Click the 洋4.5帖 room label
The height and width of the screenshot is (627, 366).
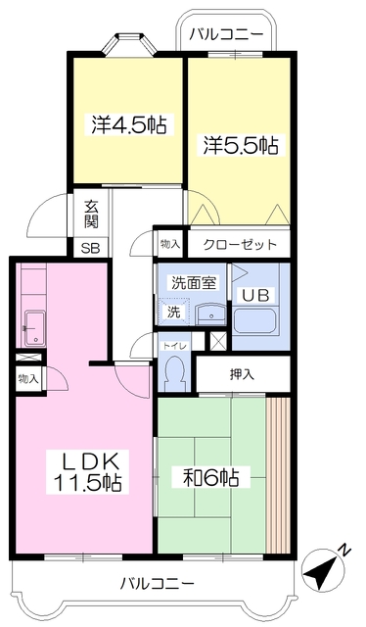pyautogui.click(x=128, y=124)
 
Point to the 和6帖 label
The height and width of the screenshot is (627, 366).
pyautogui.click(x=211, y=477)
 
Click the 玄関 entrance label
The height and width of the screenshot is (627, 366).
pyautogui.click(x=91, y=216)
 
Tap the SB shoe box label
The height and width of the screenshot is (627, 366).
pyautogui.click(x=90, y=248)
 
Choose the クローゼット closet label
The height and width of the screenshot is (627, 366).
pyautogui.click(x=240, y=244)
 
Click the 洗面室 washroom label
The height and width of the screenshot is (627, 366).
pyautogui.click(x=194, y=283)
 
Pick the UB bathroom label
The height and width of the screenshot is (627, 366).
pyautogui.click(x=255, y=295)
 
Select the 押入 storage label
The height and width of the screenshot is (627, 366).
pyautogui.click(x=242, y=374)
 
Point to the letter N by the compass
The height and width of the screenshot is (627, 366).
pyautogui.click(x=344, y=551)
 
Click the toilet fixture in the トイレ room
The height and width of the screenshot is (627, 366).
pyautogui.click(x=175, y=371)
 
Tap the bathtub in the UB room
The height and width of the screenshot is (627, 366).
pyautogui.click(x=253, y=321)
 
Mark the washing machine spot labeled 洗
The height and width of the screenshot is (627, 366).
pyautogui.click(x=173, y=312)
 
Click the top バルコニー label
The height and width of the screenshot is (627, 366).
pyautogui.click(x=226, y=34)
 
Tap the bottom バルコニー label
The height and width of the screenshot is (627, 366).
pyautogui.click(x=158, y=584)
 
